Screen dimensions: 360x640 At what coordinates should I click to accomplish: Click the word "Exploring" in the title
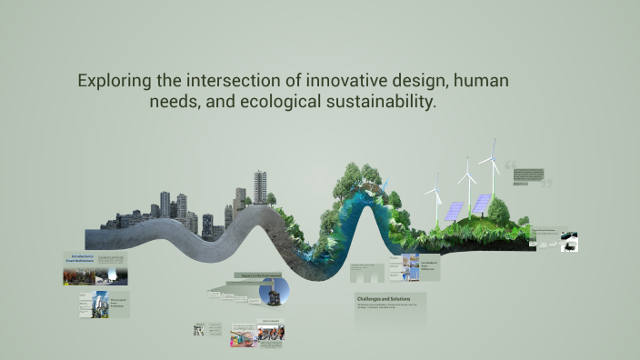[114, 81]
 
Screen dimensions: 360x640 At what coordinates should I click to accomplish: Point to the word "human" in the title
[479, 81]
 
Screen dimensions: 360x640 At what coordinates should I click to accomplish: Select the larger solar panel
[481, 203]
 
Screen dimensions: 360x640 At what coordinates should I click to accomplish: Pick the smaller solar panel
[453, 212]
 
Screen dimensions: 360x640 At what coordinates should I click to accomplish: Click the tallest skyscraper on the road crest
[260, 186]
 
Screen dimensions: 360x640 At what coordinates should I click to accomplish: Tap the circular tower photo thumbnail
[274, 291]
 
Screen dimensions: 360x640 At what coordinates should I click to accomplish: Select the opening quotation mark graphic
[510, 166]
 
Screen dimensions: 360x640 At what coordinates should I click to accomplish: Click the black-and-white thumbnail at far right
[569, 242]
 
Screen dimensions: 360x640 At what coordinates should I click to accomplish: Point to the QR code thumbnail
[198, 330]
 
